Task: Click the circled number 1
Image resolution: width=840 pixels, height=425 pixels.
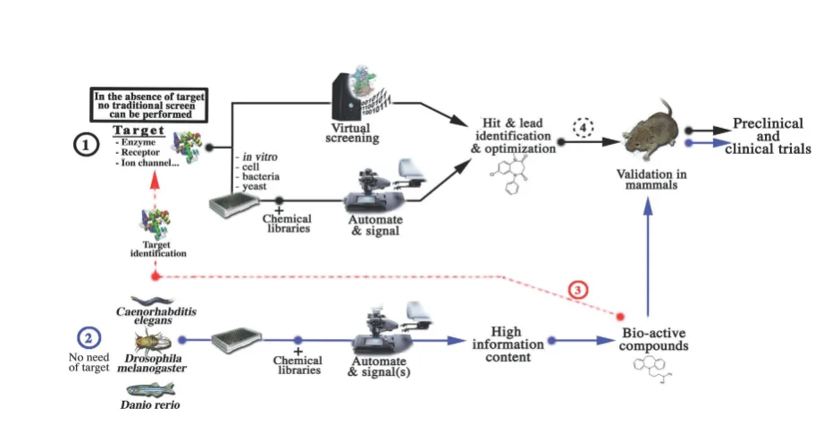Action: click(x=85, y=146)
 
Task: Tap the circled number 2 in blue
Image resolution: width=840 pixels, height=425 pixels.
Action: click(x=89, y=338)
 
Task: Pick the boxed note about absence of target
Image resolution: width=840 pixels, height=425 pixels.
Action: click(x=149, y=106)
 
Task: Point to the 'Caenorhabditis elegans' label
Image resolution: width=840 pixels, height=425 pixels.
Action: click(x=155, y=317)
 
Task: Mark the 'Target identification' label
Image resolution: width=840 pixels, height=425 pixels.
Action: click(x=156, y=248)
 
